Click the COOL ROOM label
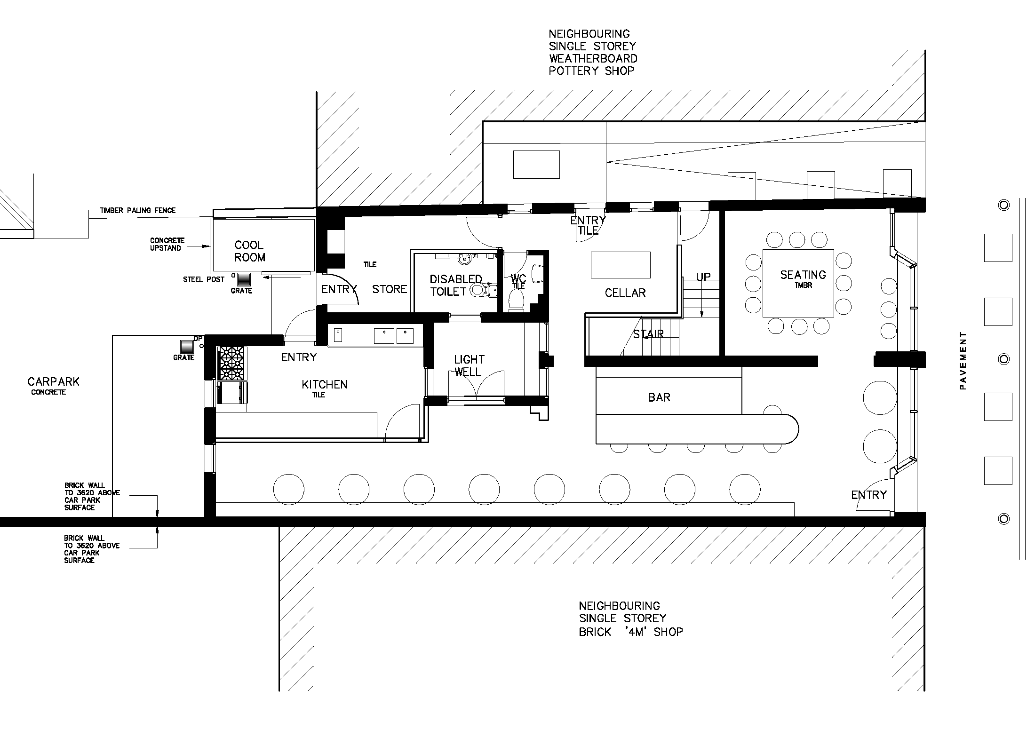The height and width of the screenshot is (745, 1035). click(x=250, y=251)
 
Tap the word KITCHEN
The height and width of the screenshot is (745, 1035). click(x=325, y=385)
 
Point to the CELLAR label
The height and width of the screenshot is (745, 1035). click(x=625, y=293)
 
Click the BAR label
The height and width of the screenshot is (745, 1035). click(x=659, y=398)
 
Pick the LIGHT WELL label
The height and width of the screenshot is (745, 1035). click(x=469, y=366)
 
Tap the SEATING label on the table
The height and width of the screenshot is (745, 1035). click(x=803, y=275)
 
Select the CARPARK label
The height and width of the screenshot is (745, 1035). click(x=54, y=381)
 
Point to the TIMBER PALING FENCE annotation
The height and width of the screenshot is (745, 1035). click(x=138, y=210)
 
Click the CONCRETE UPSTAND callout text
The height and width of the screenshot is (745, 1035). click(x=167, y=244)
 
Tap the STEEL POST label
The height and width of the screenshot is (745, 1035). click(x=204, y=279)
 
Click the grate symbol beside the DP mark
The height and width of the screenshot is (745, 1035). click(x=187, y=347)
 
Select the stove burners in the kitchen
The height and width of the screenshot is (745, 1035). click(x=232, y=364)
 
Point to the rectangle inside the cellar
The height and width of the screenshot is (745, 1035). click(x=621, y=265)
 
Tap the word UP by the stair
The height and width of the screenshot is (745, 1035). click(x=703, y=277)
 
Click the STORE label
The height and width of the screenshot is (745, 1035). click(x=390, y=289)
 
